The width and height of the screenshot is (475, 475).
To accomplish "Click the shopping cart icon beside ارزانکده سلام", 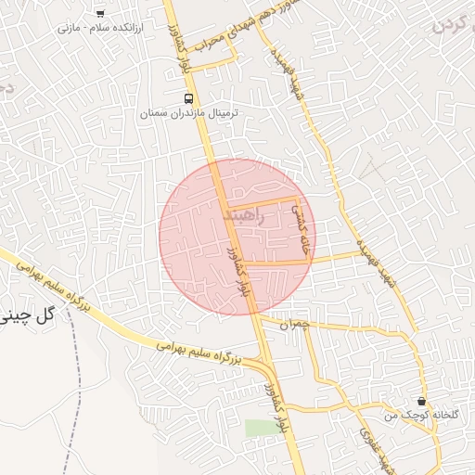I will [100, 13].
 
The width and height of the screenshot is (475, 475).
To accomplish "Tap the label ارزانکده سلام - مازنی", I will [97, 29].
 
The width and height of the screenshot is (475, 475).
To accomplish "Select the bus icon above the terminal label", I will [189, 97].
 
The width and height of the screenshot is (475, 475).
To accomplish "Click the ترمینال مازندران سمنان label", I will [189, 113].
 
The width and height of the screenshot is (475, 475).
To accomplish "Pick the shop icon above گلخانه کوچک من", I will [422, 402].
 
